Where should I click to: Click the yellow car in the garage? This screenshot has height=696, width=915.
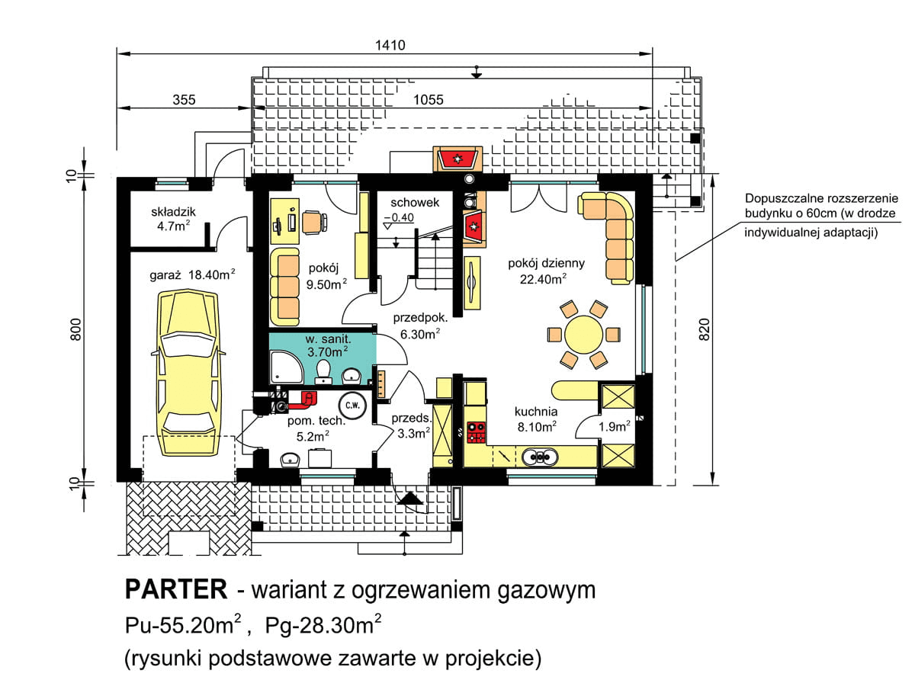[x=188, y=358]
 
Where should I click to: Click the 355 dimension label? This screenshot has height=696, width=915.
[x=184, y=100]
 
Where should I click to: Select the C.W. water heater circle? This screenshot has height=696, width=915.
[x=351, y=404]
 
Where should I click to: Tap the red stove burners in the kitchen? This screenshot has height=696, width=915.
[x=476, y=431]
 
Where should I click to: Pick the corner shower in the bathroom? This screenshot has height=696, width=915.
[x=285, y=367]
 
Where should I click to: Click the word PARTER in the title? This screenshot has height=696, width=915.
[x=175, y=590]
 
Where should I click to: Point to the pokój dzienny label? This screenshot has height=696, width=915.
[x=547, y=264]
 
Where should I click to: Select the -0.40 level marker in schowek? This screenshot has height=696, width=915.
[x=400, y=217]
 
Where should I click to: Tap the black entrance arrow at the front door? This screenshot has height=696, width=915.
[x=412, y=499]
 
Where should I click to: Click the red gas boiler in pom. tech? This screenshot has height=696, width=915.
[x=309, y=397]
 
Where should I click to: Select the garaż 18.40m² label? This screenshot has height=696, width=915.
[x=191, y=274]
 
